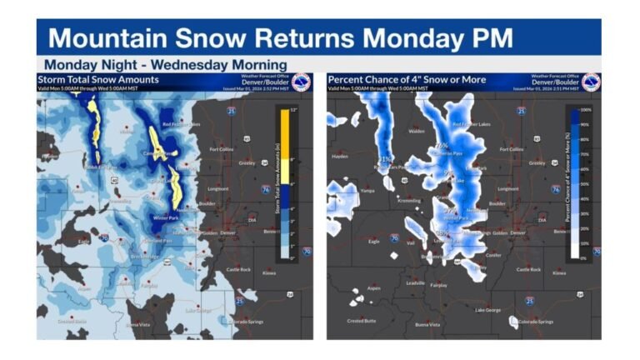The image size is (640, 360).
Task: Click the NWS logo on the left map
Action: pyautogui.click(x=301, y=82)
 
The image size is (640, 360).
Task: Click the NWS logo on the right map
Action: pyautogui.click(x=590, y=82)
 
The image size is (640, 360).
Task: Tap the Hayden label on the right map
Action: pyautogui.click(x=340, y=155)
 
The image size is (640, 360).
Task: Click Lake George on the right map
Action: pyautogui.click(x=488, y=310)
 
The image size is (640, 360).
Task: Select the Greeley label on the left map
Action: pyautogui.click(x=249, y=163)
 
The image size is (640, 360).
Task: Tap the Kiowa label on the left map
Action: pyautogui.click(x=268, y=272)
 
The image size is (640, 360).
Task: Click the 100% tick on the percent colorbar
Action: pyautogui.click(x=585, y=109)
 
